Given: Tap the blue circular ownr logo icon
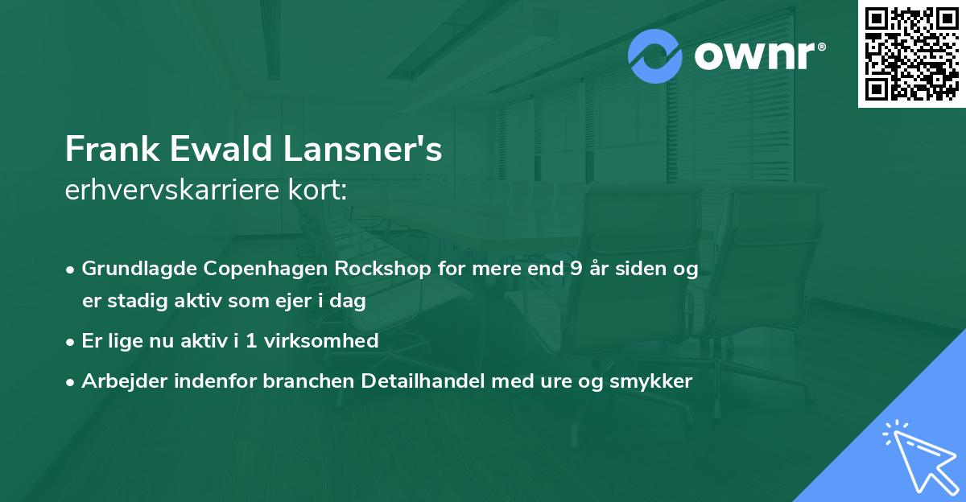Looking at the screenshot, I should point(655,56).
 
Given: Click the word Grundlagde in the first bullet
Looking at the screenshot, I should point(132,269).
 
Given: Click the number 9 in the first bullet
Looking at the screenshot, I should point(576,269).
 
